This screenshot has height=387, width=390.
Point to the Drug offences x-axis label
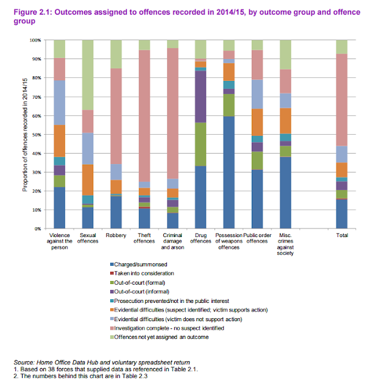pos(200,237)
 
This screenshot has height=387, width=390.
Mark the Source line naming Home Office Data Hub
pos(91,362)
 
